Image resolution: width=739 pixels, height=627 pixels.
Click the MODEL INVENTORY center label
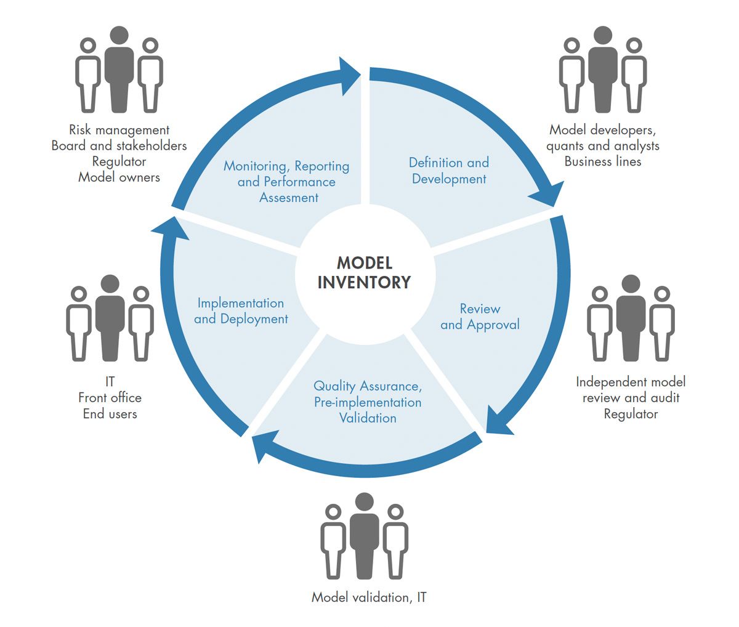coord(364,273)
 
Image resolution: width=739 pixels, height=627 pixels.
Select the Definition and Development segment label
coord(449,171)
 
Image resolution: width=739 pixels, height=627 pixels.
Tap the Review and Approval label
coord(480,317)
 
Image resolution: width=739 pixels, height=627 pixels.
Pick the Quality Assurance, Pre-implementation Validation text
coord(368,402)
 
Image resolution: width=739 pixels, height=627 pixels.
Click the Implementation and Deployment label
coord(241,311)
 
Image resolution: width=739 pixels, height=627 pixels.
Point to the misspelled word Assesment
coord(289,198)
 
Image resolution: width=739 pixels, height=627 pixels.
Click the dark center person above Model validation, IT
coord(364,536)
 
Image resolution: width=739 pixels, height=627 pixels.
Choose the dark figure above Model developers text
coord(603,69)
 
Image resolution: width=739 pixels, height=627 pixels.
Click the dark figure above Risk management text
coord(119,69)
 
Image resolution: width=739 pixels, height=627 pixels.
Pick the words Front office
coord(110,398)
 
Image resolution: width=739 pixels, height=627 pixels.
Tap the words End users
coord(110,414)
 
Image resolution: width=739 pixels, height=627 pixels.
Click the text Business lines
coord(603,162)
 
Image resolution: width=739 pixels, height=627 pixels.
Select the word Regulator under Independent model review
coord(631,414)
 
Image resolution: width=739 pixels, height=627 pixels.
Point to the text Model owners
coord(119,177)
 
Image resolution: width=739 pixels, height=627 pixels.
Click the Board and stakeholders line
coord(119,146)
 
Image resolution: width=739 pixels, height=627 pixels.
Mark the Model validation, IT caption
coord(368,597)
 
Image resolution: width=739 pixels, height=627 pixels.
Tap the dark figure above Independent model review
coord(631,318)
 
